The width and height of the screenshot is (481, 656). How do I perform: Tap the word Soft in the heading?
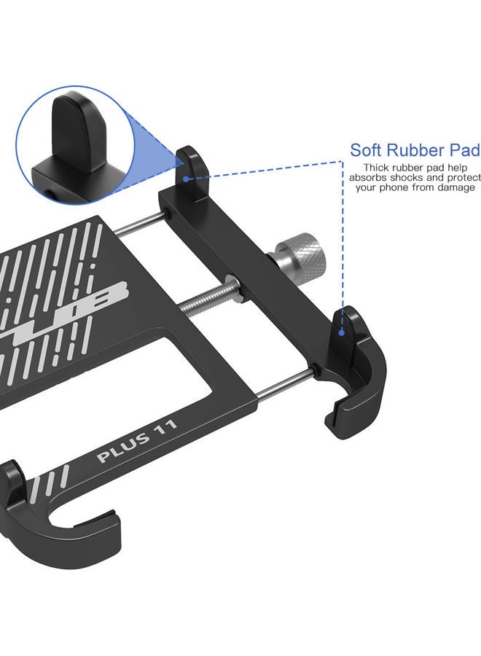(368, 150)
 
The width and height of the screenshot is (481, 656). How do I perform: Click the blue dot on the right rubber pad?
(343, 331)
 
